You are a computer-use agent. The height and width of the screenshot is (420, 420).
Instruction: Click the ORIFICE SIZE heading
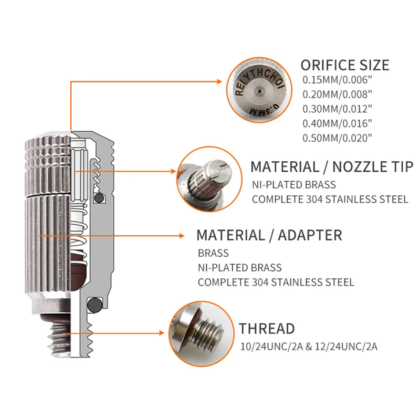click(x=344, y=65)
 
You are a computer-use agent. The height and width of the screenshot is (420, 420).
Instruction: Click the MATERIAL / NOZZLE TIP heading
click(x=331, y=167)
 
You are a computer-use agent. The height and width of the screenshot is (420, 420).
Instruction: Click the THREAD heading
click(x=267, y=329)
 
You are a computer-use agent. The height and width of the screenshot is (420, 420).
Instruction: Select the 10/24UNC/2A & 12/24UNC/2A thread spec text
click(x=309, y=346)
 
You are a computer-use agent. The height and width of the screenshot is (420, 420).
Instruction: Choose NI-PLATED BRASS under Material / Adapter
click(x=239, y=268)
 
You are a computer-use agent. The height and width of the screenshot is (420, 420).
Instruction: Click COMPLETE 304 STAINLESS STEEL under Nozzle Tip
click(x=330, y=199)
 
